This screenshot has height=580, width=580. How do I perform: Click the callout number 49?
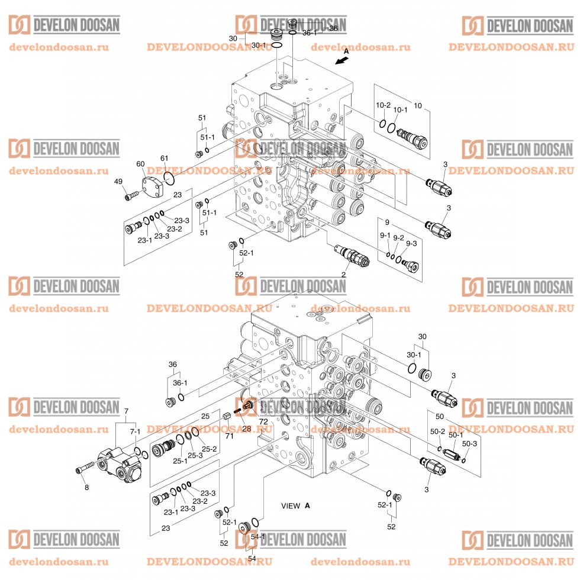[118, 182]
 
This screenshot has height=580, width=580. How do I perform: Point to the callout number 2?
[343, 275]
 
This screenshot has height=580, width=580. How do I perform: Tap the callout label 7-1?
[135, 431]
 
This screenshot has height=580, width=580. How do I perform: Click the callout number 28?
[246, 428]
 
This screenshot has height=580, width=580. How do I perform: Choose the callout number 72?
[263, 421]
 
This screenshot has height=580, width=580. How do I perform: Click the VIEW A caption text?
[295, 505]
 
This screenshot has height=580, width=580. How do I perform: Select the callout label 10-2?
[384, 105]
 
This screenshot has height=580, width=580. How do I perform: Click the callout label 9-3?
[411, 243]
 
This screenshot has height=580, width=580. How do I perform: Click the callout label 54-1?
[258, 536]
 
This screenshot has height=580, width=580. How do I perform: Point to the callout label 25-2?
[208, 449]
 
